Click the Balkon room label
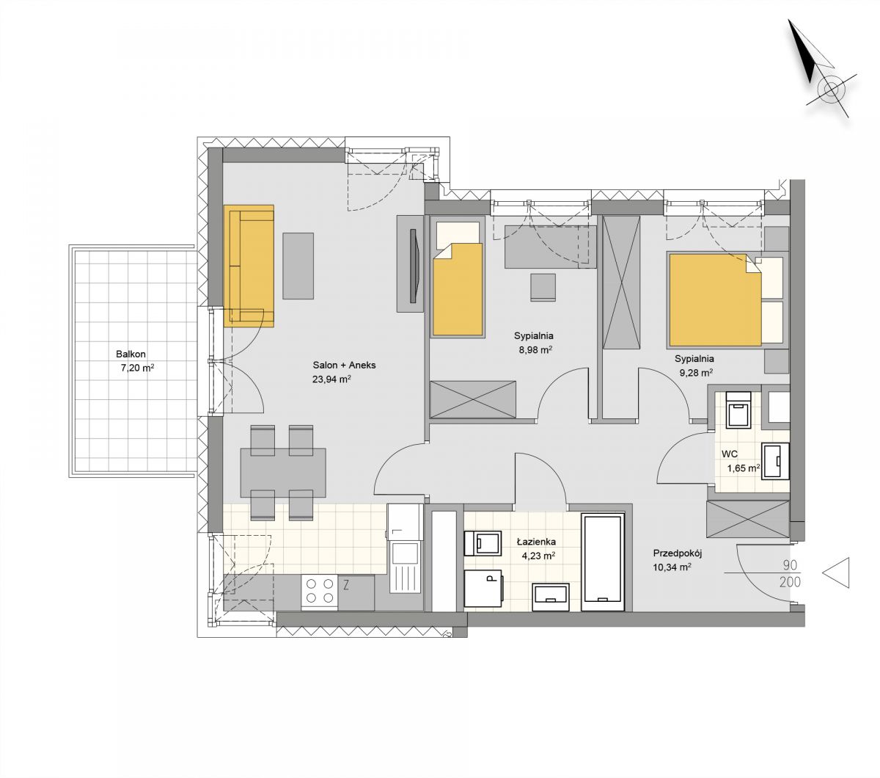coord(131,354)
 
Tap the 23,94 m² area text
coord(331,379)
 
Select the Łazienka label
coord(536,542)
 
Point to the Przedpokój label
coord(678,553)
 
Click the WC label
coord(730,454)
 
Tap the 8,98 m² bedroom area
coord(535,349)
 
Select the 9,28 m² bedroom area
coord(696,373)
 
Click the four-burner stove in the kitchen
coord(320,591)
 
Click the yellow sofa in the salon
coord(249,266)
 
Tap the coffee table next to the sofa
coord(298,266)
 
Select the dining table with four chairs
coord(283,473)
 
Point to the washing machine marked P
coord(484,588)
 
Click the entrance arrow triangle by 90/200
coord(836,572)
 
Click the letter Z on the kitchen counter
coord(345,585)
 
